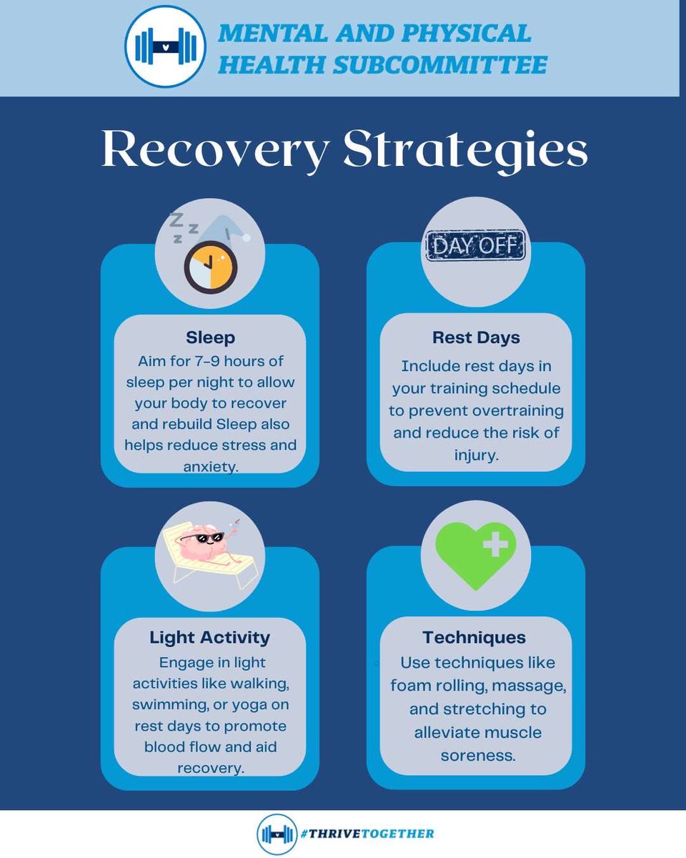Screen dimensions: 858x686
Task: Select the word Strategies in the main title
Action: point(465,150)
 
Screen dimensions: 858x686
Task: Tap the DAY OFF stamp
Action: point(475,247)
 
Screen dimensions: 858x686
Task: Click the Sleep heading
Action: point(210,337)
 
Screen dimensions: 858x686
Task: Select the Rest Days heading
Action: point(476,337)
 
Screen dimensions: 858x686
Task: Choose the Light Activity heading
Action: point(209,637)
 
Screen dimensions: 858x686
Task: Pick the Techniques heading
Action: point(474,637)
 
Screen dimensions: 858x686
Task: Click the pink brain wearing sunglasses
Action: point(202,541)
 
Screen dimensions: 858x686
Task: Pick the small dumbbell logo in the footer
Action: point(277,834)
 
